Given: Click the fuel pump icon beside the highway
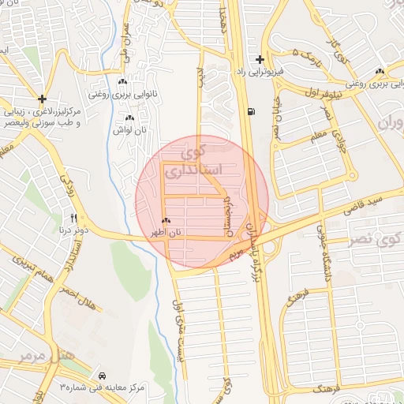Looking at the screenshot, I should point(251,111).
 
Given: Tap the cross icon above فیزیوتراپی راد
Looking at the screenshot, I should point(259,59).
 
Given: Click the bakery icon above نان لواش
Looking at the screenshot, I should point(129,118).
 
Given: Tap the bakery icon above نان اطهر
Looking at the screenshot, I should point(166,222).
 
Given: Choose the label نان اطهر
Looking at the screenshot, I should point(168,234).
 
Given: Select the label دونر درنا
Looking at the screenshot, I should point(69,230).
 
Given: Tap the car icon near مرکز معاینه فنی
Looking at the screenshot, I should point(104,375).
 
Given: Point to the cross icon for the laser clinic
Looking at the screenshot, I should point(41,99).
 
